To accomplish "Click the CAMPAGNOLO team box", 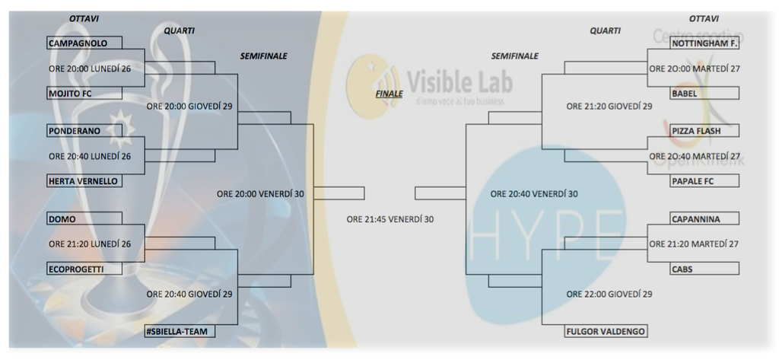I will click(84, 43).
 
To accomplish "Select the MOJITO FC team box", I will click(84, 94).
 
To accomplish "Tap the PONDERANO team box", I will click(84, 131).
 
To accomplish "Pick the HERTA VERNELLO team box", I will click(84, 181).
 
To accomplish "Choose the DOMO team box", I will click(84, 219).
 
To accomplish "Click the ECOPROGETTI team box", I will click(84, 269).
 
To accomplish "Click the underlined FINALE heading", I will click(389, 94).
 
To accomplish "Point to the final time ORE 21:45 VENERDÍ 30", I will click(389, 219).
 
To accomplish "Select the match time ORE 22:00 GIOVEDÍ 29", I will click(609, 294).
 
